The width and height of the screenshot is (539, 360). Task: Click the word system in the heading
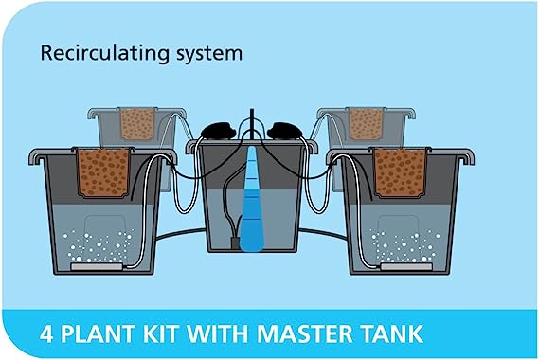point(209,55)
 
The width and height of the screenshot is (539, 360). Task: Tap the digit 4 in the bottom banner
point(46,333)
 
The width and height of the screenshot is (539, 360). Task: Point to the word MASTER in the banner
point(305,333)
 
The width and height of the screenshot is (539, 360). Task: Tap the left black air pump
point(219,131)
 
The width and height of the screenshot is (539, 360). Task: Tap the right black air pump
point(284,131)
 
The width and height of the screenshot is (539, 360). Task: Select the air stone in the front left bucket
point(97,266)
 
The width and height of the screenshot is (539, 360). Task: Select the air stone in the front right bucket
point(406,266)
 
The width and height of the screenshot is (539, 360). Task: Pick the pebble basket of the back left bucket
point(137,124)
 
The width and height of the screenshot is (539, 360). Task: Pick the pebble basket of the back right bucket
point(366,124)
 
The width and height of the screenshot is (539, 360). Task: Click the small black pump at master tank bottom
point(235,243)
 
